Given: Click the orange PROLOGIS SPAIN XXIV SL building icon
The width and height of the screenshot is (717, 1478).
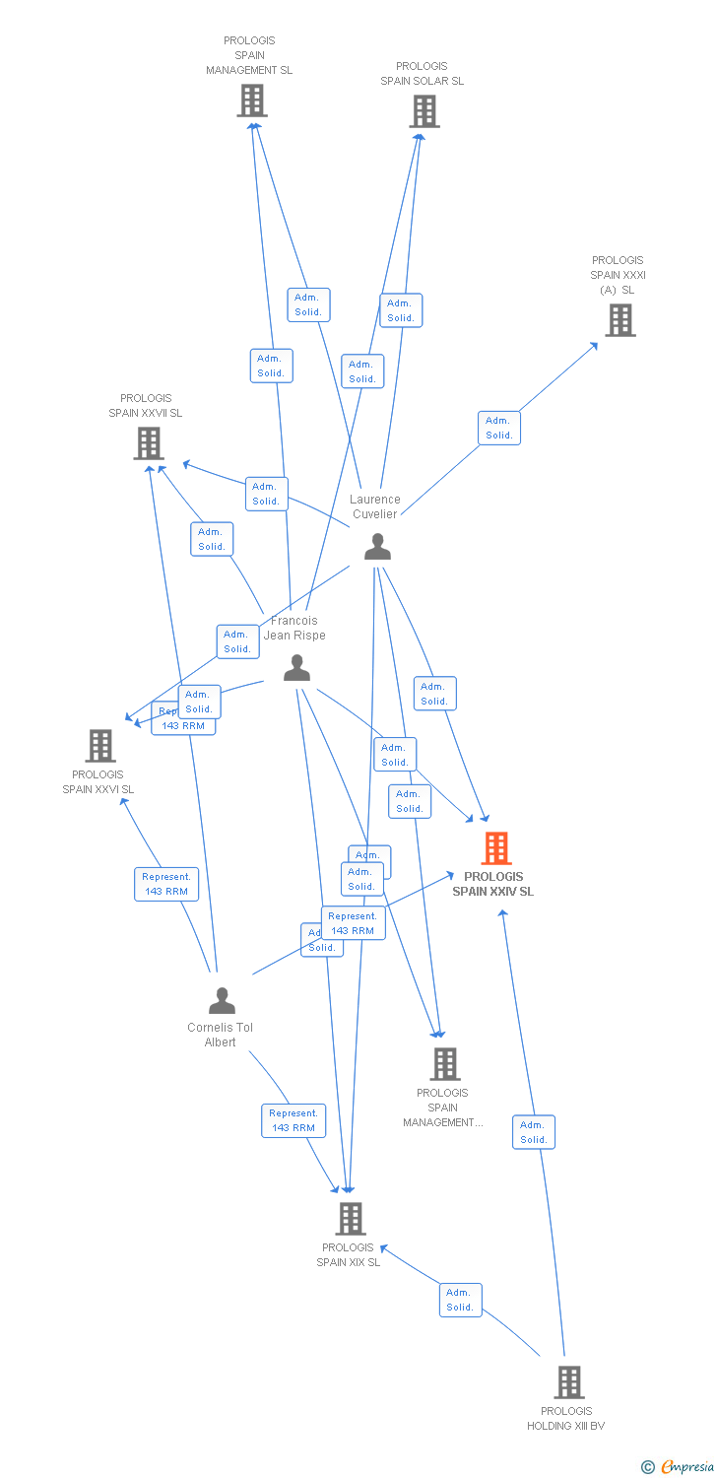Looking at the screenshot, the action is pyautogui.click(x=496, y=848).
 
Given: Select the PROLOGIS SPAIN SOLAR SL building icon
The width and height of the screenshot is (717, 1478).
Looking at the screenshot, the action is pyautogui.click(x=424, y=111).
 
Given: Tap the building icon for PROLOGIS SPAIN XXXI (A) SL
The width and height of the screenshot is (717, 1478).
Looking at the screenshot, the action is pyautogui.click(x=619, y=320).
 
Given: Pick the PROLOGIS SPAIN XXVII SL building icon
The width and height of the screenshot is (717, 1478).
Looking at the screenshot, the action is pyautogui.click(x=148, y=443).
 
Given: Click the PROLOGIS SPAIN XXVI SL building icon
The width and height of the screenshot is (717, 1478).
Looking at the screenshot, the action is pyautogui.click(x=100, y=746).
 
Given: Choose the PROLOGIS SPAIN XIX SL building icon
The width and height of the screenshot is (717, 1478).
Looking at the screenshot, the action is pyautogui.click(x=351, y=1219).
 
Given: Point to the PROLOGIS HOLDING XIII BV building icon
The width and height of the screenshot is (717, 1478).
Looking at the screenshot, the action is pyautogui.click(x=568, y=1382).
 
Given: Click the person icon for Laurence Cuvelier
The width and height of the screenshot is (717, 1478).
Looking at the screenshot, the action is pyautogui.click(x=377, y=547).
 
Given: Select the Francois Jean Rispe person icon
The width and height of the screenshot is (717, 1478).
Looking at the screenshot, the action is pyautogui.click(x=296, y=668).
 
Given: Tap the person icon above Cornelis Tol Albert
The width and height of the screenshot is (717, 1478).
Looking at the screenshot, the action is pyautogui.click(x=223, y=1001).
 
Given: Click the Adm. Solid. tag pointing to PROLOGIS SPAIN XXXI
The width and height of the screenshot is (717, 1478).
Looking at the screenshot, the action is pyautogui.click(x=499, y=428).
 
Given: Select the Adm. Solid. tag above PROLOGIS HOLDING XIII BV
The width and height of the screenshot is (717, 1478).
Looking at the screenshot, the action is pyautogui.click(x=534, y=1132).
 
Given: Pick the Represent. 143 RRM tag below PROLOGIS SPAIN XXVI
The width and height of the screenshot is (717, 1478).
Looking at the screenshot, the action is pyautogui.click(x=166, y=884).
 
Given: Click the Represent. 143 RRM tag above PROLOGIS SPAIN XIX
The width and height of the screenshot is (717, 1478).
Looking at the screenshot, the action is pyautogui.click(x=293, y=1120).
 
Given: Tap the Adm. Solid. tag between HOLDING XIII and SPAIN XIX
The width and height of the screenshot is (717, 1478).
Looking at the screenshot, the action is pyautogui.click(x=460, y=1300).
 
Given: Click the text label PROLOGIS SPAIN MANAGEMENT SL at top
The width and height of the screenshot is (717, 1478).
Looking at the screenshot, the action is pyautogui.click(x=249, y=55).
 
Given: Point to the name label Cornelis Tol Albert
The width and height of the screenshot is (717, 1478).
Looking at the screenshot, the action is pyautogui.click(x=221, y=1035).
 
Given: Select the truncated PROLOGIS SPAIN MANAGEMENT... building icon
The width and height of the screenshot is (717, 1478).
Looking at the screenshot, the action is pyautogui.click(x=445, y=1064).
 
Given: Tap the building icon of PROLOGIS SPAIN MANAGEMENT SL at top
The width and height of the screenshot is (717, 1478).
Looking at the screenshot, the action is pyautogui.click(x=252, y=101).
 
